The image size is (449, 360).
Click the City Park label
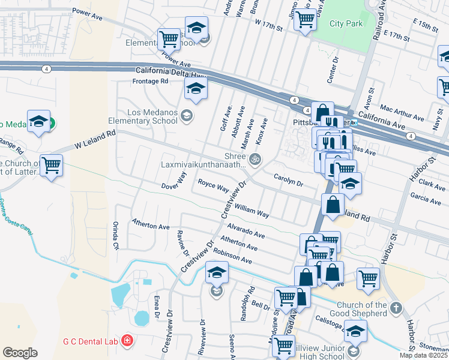coord(346,24)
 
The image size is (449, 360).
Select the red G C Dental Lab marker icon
coord(127,341)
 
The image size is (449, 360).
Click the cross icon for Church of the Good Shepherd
coord(395,308)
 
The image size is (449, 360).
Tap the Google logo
coord(20,353)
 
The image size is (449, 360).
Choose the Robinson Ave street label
coord(232,256)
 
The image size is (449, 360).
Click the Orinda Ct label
coord(115,236)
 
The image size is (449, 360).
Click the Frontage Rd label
coord(151,81)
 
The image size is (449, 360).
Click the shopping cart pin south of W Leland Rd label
coord(51,164)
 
